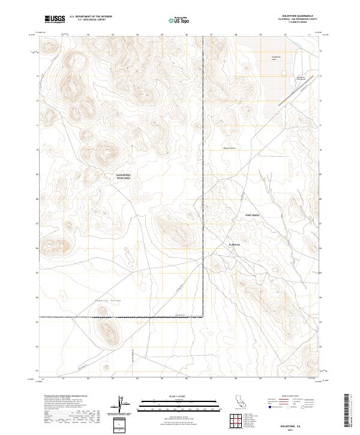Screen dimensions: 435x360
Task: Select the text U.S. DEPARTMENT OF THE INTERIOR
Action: [x=91, y=17]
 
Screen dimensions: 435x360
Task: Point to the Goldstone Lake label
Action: [x=276, y=58]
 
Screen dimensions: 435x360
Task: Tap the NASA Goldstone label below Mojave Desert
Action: [x=251, y=214]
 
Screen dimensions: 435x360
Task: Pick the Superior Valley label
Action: [x=109, y=299]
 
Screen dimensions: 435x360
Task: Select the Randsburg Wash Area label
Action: [x=123, y=176]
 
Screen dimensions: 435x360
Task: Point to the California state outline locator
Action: [x=239, y=401]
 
